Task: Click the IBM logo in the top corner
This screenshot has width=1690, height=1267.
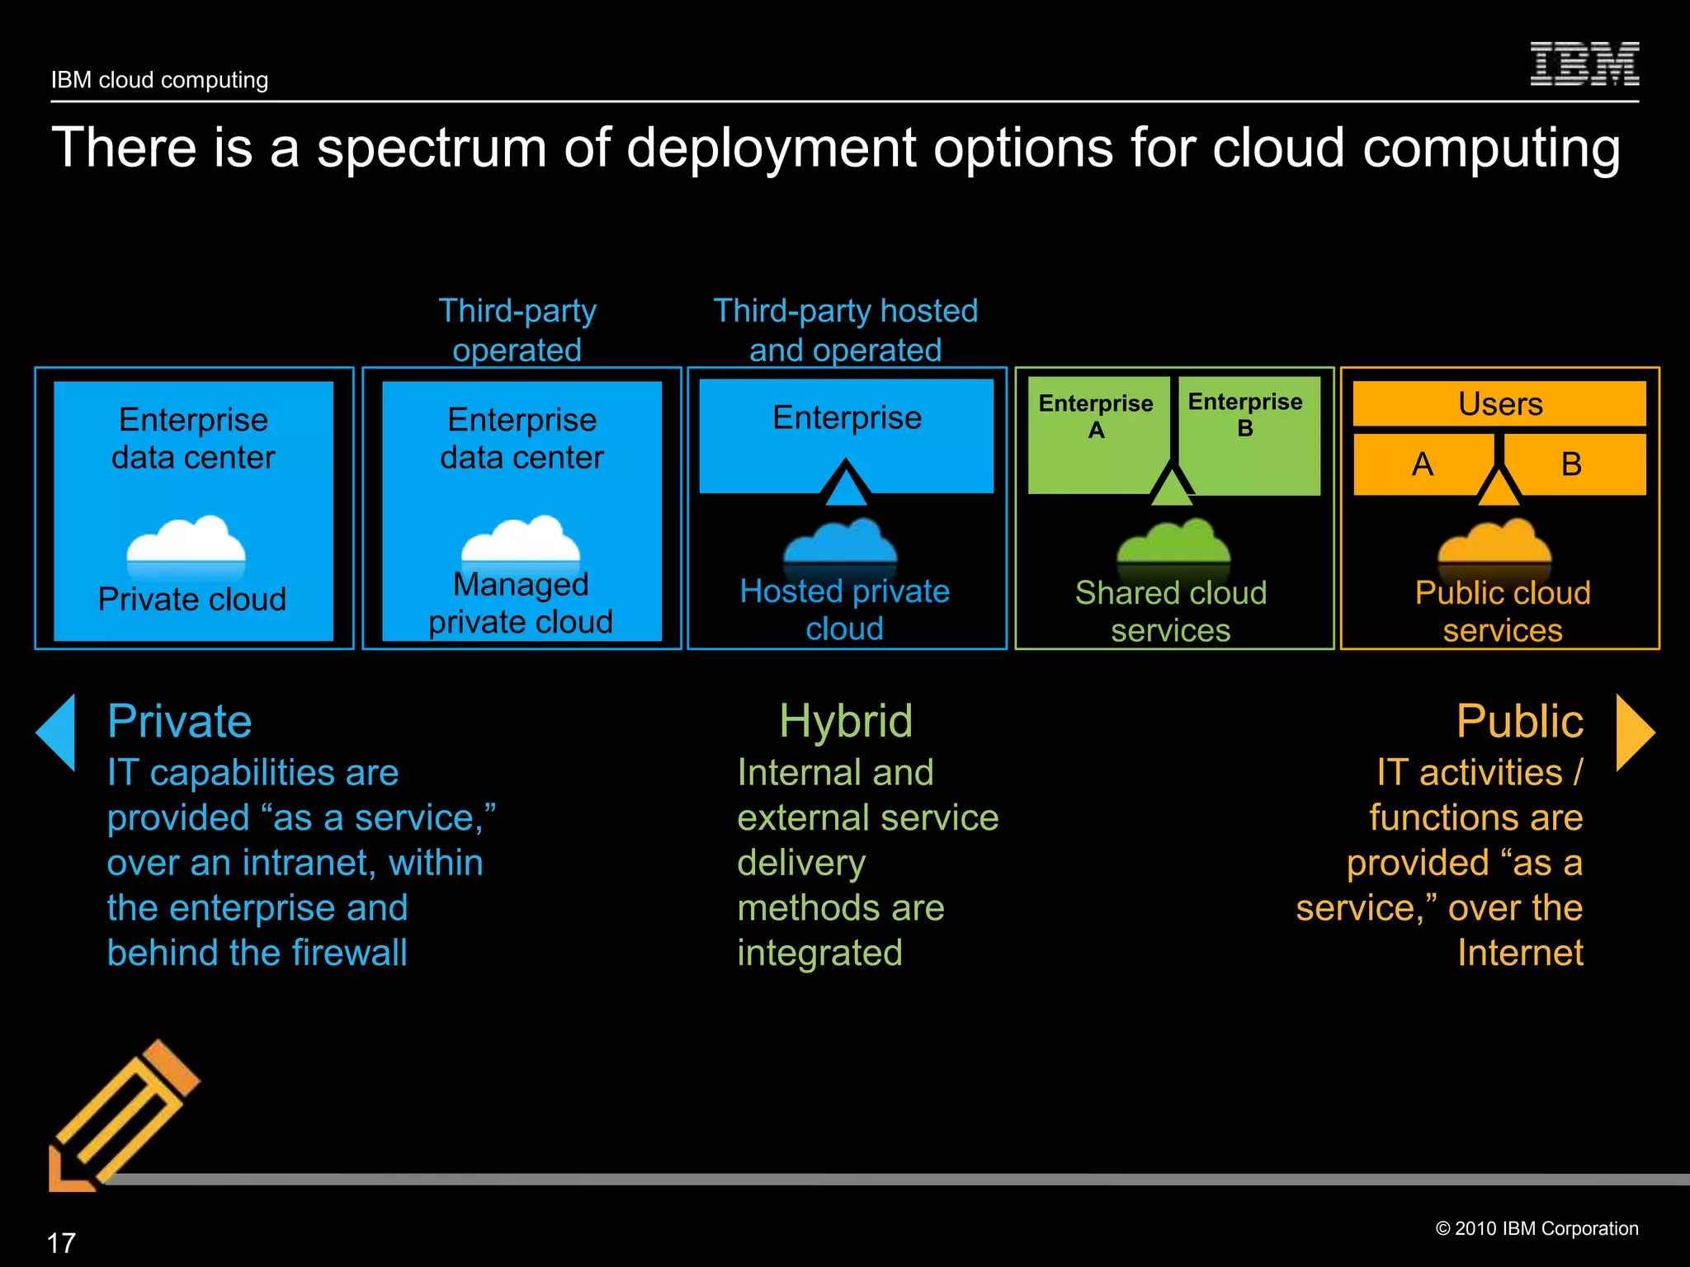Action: pyautogui.click(x=1584, y=64)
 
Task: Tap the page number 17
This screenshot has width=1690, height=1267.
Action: pyautogui.click(x=61, y=1242)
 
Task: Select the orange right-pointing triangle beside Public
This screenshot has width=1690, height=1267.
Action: pyautogui.click(x=1634, y=732)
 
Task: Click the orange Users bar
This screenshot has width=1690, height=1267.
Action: pyautogui.click(x=1499, y=404)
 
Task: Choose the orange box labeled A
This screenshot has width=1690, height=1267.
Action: pyautogui.click(x=1422, y=464)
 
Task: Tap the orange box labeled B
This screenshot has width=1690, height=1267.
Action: pyautogui.click(x=1572, y=464)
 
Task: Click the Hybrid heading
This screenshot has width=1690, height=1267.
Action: pyautogui.click(x=846, y=721)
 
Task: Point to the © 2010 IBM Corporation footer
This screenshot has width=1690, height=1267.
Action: pyautogui.click(x=1537, y=1228)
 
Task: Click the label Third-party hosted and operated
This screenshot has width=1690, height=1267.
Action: pyautogui.click(x=845, y=330)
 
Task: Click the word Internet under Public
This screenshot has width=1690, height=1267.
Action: pyautogui.click(x=1520, y=953)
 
